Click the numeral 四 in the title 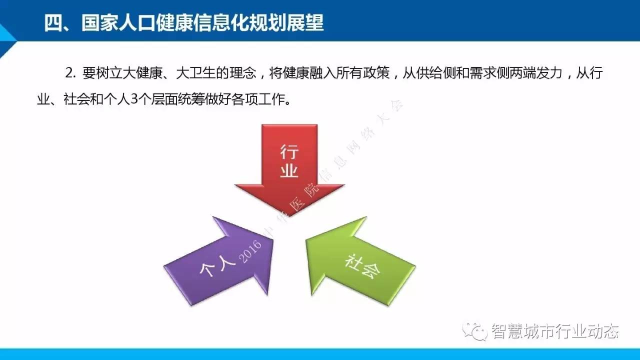tap(53, 23)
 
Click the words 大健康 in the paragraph tap(143, 73)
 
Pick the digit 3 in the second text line tap(134, 99)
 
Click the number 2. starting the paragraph tap(70, 73)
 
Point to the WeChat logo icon tap(475, 331)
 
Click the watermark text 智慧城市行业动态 tap(555, 331)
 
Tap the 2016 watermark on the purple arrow tap(250, 251)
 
